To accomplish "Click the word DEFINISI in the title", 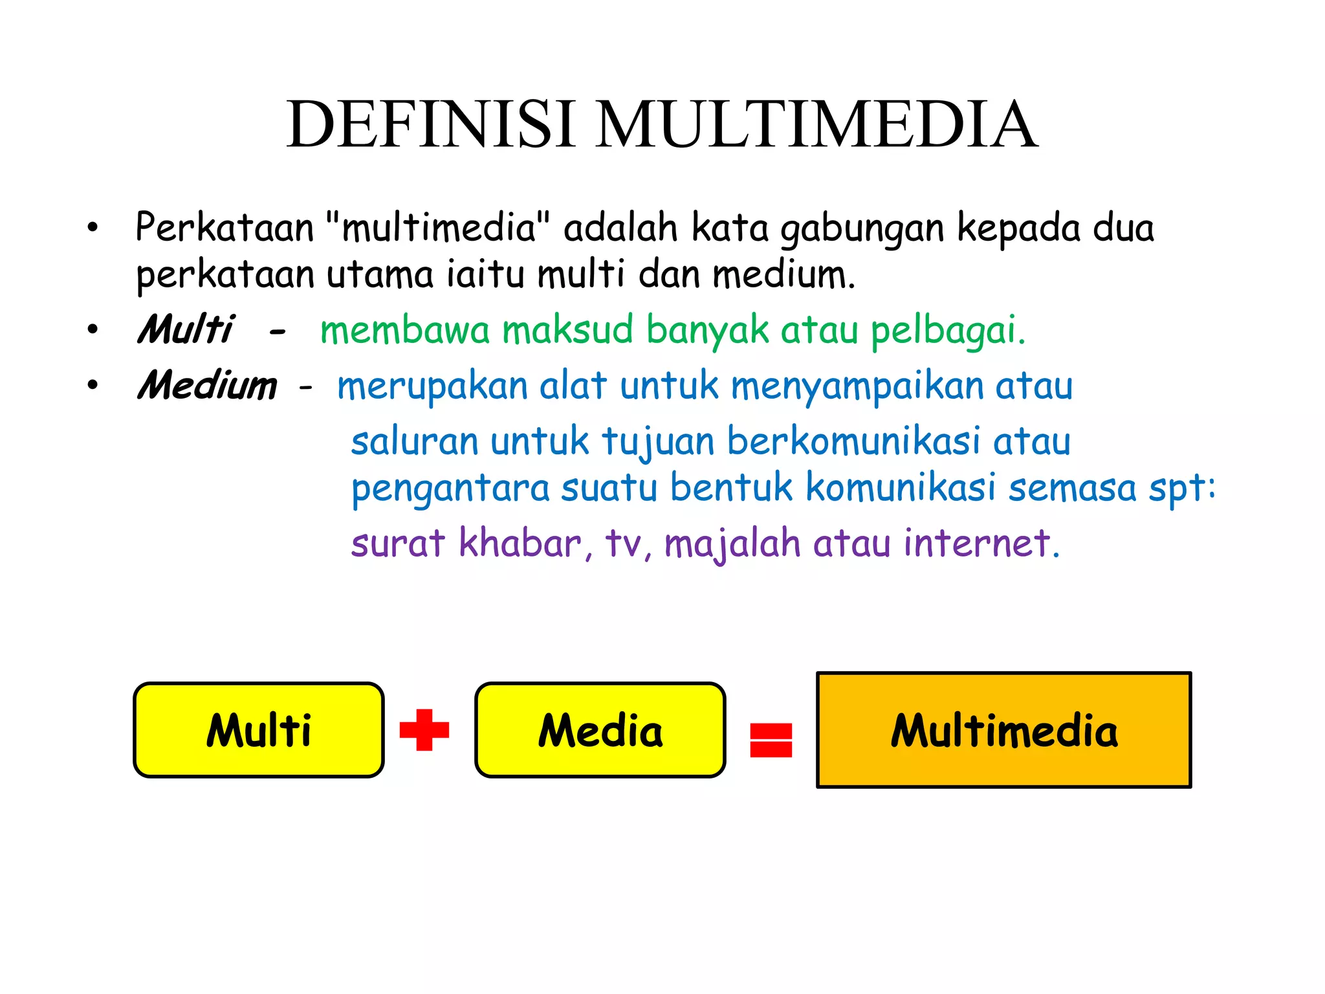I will pyautogui.click(x=430, y=124).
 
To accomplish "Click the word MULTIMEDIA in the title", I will pyautogui.click(x=816, y=124).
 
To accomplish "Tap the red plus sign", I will pyautogui.click(x=424, y=730).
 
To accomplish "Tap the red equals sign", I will pyautogui.click(x=771, y=740).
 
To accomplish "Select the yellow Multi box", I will pyautogui.click(x=259, y=730).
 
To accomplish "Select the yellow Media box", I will pyautogui.click(x=600, y=730).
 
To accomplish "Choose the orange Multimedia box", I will pyautogui.click(x=1003, y=730).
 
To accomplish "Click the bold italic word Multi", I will pyautogui.click(x=185, y=329).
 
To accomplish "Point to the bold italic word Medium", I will pyautogui.click(x=207, y=386).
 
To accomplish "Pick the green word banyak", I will pyautogui.click(x=708, y=331).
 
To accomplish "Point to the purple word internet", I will pyautogui.click(x=981, y=543).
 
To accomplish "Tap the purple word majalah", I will pyautogui.click(x=733, y=544).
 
